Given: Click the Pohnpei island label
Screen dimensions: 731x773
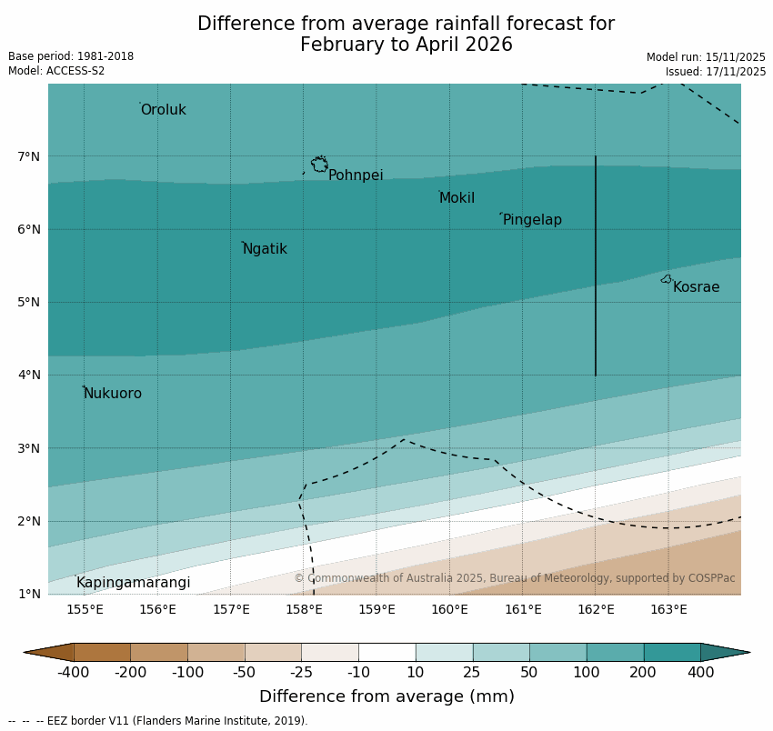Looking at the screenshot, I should pos(356,175).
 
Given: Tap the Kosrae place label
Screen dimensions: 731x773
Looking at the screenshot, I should pos(696,287).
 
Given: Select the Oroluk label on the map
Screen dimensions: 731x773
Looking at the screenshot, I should pos(163,110).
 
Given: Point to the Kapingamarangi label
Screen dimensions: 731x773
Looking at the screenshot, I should pos(133,583).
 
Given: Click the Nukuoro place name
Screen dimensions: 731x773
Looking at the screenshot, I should pos(113,394).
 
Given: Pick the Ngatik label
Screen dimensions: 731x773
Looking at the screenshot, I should pos(265,249).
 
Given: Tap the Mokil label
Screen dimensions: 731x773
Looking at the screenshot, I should pos(457,198).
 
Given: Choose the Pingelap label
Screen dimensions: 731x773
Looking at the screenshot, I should pos(532,220).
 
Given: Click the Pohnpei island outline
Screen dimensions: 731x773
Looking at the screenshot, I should pos(319,165).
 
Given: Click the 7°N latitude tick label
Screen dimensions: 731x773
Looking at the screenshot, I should pos(29,156).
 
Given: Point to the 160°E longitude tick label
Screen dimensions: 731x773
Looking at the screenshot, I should pos(449,609).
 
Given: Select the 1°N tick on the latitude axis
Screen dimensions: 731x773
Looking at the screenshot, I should pos(29,594).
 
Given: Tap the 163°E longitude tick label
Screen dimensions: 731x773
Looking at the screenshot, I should pos(668,609).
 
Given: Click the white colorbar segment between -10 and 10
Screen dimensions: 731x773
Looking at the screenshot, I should pos(386,652).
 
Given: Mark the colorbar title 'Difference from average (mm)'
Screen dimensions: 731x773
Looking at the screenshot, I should pos(386,697).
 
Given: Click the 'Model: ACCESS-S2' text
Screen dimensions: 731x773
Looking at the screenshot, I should pos(56,71).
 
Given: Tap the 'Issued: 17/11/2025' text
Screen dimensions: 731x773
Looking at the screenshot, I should pos(716,71).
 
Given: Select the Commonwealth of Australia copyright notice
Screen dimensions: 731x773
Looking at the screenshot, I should pos(514,578).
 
